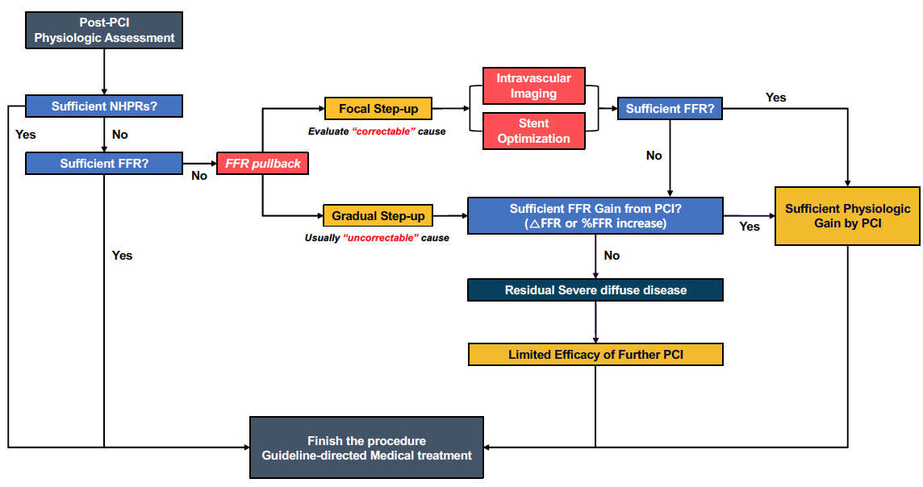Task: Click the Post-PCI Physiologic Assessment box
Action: pyautogui.click(x=104, y=30)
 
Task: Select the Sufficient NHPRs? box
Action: pyautogui.click(x=104, y=106)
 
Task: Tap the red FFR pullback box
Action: pyautogui.click(x=263, y=164)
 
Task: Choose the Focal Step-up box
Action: pyautogui.click(x=378, y=109)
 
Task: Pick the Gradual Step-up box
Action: pyautogui.click(x=378, y=216)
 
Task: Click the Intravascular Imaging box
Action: pyautogui.click(x=532, y=86)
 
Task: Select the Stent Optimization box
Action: pyautogui.click(x=532, y=131)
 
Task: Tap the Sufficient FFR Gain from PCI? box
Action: pyautogui.click(x=595, y=216)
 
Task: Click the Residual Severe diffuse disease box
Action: pyautogui.click(x=595, y=290)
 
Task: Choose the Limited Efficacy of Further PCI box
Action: pyautogui.click(x=595, y=355)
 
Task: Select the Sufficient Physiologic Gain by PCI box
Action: pyautogui.click(x=847, y=216)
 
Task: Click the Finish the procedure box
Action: pyautogui.click(x=366, y=448)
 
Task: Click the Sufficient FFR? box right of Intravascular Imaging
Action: pyautogui.click(x=670, y=109)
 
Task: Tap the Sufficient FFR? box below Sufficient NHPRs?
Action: pyautogui.click(x=104, y=164)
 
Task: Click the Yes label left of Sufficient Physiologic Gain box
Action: pyautogui.click(x=750, y=227)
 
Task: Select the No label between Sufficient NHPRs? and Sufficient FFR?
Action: pyautogui.click(x=119, y=135)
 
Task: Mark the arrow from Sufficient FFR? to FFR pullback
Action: pyautogui.click(x=199, y=164)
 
